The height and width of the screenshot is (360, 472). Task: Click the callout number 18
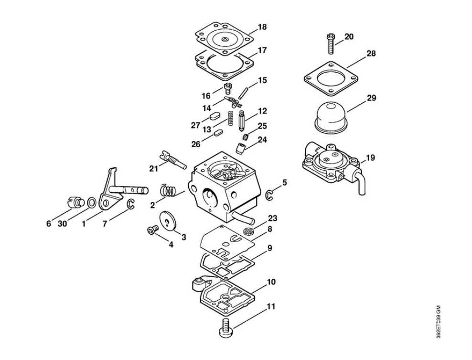point(262,27)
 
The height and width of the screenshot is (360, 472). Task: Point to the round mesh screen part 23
point(248,231)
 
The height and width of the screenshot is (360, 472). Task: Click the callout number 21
point(154,169)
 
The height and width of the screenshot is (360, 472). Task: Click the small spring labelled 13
point(231,118)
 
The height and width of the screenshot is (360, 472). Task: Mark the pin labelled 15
point(243,93)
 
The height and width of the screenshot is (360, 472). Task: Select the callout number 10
point(271,282)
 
